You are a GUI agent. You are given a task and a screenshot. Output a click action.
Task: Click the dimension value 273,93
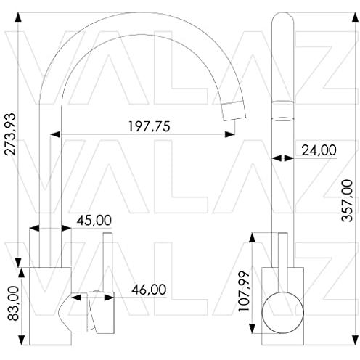point(10,134)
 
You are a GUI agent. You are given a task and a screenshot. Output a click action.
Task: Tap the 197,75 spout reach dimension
point(149,126)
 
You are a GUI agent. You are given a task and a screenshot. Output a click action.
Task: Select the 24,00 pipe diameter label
point(319,150)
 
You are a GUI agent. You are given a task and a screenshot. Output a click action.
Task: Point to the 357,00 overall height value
point(347,200)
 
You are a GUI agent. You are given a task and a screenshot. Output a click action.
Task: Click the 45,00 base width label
point(94,220)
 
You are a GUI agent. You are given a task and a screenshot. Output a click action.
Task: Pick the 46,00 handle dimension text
point(149,290)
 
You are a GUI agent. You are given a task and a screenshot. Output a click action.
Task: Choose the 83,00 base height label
point(13,303)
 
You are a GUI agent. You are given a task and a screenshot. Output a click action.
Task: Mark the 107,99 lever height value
point(244,292)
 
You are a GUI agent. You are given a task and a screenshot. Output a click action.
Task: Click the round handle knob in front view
point(282,313)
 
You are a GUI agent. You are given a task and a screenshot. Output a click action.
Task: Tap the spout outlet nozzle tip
point(234,111)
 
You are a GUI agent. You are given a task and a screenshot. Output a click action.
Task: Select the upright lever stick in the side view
point(108,263)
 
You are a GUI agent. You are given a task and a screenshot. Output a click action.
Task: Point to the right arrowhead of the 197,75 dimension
point(229,134)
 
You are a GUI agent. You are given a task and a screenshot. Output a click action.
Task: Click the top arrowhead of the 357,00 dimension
point(355,17)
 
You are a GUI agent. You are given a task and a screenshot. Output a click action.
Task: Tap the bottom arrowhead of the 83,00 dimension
point(22,340)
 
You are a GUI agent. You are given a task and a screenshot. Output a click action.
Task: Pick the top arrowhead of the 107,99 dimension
point(252,238)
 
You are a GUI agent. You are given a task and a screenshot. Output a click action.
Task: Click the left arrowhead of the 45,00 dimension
point(34,228)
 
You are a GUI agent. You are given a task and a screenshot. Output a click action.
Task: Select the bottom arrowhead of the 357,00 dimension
point(355,340)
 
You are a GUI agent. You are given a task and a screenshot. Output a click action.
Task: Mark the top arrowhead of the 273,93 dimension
point(18,17)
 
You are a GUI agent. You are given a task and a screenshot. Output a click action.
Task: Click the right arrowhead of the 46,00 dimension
point(109,298)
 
